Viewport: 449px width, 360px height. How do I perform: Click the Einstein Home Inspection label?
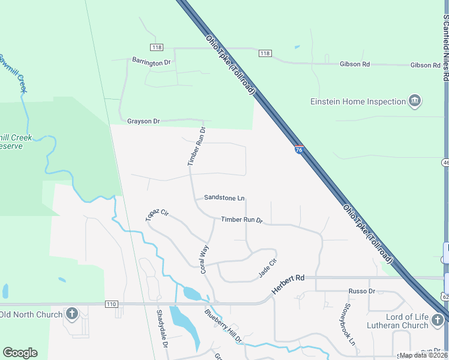(x=358, y=101)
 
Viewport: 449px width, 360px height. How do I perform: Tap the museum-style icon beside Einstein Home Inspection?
(x=414, y=101)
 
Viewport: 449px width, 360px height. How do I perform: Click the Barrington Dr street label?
(x=151, y=61)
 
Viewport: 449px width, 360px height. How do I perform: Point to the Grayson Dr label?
(x=143, y=121)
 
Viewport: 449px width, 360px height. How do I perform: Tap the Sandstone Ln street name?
(x=224, y=197)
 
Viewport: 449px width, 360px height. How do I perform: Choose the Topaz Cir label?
(x=157, y=215)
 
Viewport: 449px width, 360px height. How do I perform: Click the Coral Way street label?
(x=205, y=259)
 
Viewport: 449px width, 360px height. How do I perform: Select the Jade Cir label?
(x=267, y=268)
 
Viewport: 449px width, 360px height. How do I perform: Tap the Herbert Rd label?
(x=288, y=283)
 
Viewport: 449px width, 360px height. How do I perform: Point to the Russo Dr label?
(x=361, y=291)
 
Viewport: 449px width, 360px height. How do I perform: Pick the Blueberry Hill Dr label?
(x=223, y=326)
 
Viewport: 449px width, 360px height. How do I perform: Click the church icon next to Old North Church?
(x=72, y=313)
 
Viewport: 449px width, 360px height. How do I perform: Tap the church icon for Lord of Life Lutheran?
(x=439, y=324)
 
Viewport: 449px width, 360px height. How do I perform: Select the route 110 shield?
(x=110, y=304)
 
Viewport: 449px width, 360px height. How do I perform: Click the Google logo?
(x=20, y=353)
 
